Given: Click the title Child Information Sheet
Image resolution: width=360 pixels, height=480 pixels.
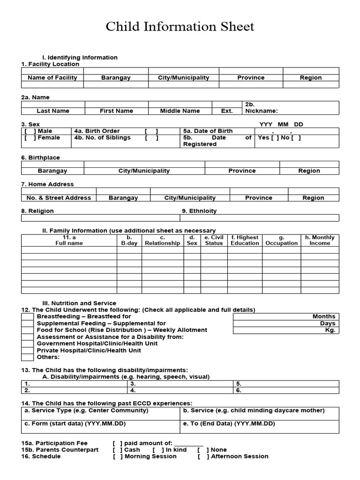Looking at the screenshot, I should point(180,27).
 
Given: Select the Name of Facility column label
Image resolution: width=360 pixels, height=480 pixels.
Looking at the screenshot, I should point(52,78).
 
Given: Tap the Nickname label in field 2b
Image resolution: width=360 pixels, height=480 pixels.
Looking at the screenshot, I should point(261,111).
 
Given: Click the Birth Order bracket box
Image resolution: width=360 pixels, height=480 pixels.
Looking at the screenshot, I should point(151,131).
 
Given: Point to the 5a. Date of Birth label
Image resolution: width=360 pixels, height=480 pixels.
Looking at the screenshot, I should point(208,131).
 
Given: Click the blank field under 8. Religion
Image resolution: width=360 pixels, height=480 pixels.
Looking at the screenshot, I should point(100,218).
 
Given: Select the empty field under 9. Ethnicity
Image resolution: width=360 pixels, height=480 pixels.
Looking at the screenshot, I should point(259,218).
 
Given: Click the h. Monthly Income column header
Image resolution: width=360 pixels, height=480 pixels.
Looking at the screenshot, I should point(320,240).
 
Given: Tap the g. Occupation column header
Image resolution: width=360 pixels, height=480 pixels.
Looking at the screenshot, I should point(281,240).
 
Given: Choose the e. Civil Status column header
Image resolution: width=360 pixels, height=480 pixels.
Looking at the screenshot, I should point(214,240).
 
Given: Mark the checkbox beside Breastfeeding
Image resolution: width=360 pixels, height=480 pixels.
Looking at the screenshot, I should point(27,317).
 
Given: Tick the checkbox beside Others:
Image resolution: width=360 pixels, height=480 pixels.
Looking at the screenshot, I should point(27,357).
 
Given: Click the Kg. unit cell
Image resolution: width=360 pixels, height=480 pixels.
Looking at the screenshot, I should point(285,330).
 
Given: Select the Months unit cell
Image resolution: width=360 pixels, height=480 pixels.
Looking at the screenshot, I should point(285,316).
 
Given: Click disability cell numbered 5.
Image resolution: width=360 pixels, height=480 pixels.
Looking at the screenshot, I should point(287,383).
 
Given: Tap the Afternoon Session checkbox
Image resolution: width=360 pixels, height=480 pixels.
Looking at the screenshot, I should point(202,457).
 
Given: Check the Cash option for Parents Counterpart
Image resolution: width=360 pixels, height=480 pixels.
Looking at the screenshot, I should point(117,450).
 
